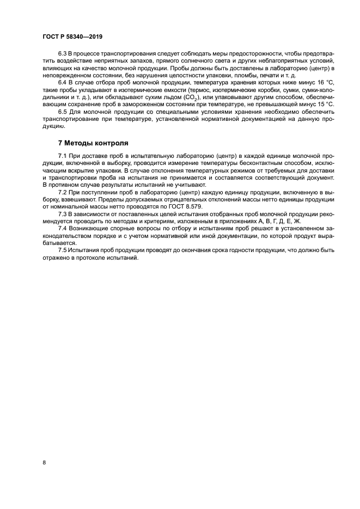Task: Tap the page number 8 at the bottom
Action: coord(44,462)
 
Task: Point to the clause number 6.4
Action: coord(63,81)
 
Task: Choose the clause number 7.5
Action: coord(63,250)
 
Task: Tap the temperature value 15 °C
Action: coord(323,104)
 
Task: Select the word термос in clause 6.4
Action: coord(199,89)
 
